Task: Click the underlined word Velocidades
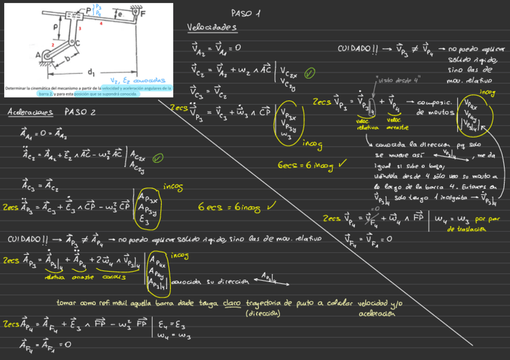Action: (212, 28)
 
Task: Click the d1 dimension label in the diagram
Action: (91, 73)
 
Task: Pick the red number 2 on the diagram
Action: (53, 44)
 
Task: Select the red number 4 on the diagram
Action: (101, 23)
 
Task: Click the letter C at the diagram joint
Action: (77, 42)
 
